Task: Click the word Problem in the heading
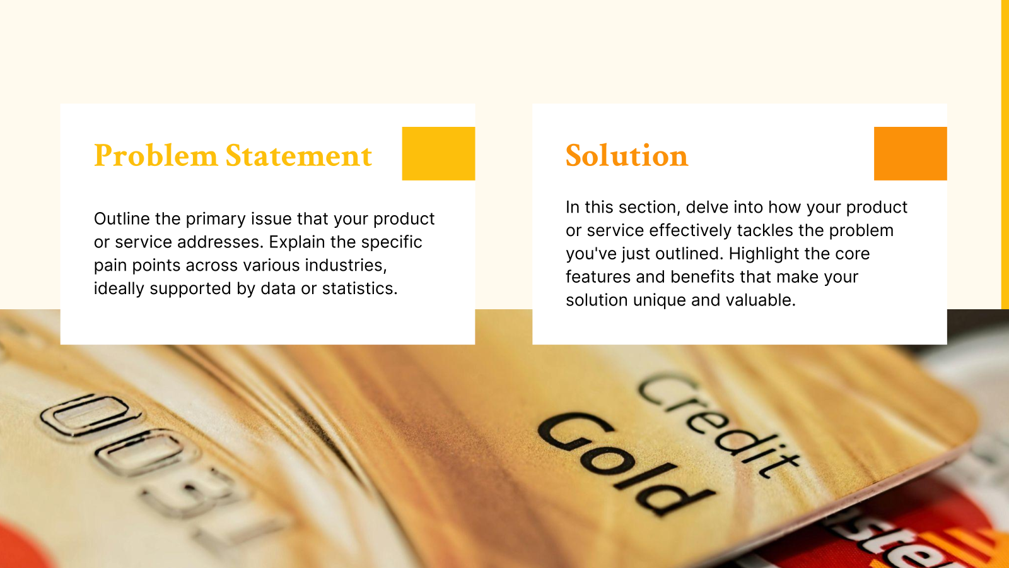(155, 156)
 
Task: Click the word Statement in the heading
(298, 156)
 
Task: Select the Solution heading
(626, 156)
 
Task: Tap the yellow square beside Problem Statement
(438, 153)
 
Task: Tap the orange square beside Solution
(910, 153)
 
